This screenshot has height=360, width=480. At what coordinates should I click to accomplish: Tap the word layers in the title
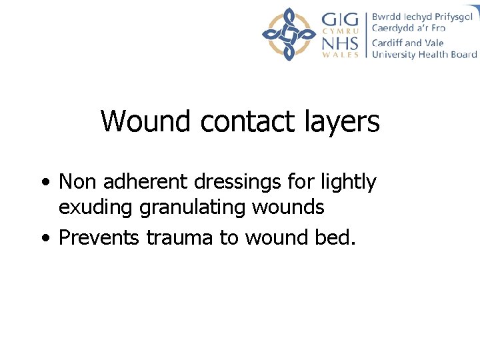click(341, 123)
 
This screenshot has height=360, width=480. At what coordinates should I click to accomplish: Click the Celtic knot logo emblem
click(289, 35)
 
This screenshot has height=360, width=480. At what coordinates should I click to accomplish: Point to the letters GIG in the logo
click(340, 19)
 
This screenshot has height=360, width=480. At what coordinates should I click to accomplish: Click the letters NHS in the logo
click(340, 44)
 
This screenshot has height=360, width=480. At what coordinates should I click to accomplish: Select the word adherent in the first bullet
click(137, 181)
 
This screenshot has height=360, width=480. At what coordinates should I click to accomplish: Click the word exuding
click(96, 209)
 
